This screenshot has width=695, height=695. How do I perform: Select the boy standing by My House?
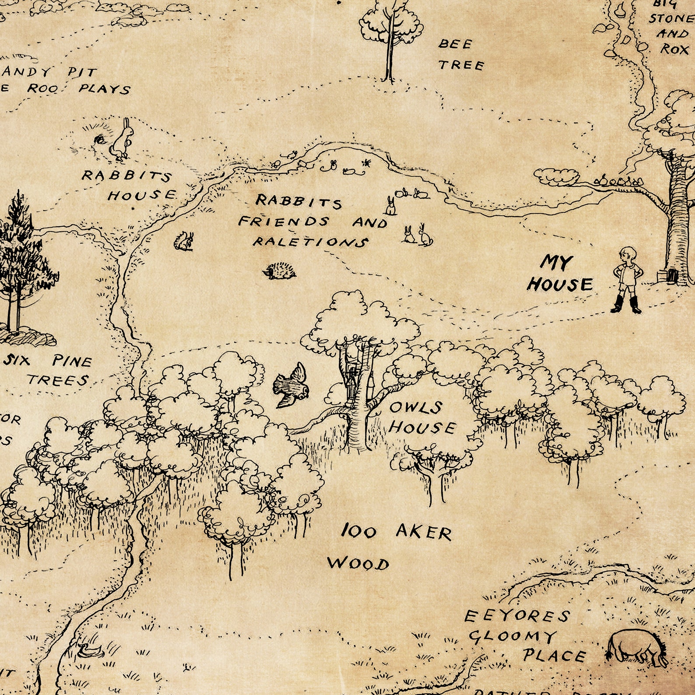click(x=627, y=278)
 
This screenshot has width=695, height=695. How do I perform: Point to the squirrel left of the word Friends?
click(x=184, y=241)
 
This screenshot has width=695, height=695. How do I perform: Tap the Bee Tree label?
click(x=460, y=54)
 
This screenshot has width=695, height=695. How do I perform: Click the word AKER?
click(x=423, y=532)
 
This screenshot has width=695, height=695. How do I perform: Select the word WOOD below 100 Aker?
click(x=358, y=563)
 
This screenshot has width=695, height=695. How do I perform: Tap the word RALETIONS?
click(x=310, y=242)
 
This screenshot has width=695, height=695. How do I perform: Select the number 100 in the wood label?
click(x=358, y=531)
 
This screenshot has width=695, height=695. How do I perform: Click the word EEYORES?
click(x=516, y=616)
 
